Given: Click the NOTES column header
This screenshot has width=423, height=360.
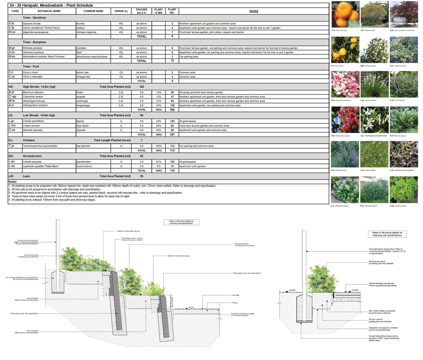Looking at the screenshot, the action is coord(254,11).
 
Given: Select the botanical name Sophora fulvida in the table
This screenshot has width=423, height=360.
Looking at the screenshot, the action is coord(32,23).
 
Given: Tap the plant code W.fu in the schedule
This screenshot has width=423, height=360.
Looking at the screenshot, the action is coord(12,101).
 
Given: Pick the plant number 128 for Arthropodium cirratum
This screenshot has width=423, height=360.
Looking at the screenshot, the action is coord(172,105).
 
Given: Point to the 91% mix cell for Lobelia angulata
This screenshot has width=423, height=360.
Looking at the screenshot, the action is coord(159,162).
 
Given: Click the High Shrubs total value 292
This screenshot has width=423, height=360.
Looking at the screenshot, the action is coord(172,110).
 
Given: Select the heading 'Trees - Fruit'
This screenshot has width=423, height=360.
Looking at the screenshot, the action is coord(31,66).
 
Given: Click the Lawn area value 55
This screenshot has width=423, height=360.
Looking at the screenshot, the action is coord(142,176).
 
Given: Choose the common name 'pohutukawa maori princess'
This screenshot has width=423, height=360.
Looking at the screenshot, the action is coord(92,57).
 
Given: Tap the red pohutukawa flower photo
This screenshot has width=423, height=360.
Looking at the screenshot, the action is coord(345,120).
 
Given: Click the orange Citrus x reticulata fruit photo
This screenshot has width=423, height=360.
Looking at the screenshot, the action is coord(345,14).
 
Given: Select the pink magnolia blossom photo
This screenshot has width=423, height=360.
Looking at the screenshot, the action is coord(345,84).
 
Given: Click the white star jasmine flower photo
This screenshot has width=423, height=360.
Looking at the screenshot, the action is coord(374,120).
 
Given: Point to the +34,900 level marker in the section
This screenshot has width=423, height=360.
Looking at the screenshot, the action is coord(109,269).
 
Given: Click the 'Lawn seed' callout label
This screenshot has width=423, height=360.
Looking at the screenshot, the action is coord(235,295).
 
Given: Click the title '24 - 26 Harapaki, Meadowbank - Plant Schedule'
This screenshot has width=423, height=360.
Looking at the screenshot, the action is coord(51,5).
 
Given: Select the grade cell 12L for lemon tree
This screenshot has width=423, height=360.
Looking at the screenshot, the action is coord(121,72).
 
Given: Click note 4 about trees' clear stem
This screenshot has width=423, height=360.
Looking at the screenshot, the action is coord(69,196).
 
